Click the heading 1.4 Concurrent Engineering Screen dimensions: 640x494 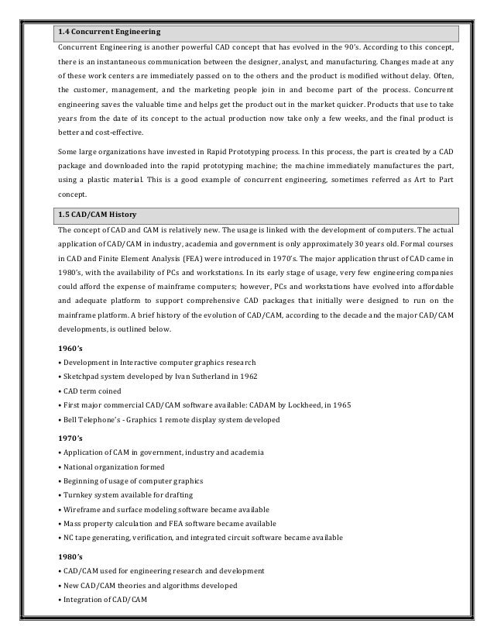click(x=109, y=33)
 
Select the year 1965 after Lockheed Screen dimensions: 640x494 click(x=352, y=405)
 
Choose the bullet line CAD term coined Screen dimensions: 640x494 click(x=92, y=391)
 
